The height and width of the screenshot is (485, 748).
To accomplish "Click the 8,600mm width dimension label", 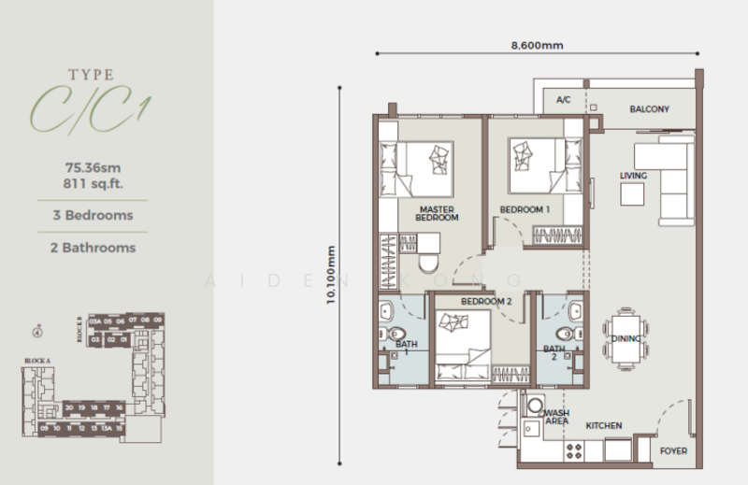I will point(536,44).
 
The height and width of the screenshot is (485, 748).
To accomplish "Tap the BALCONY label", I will point(649,109).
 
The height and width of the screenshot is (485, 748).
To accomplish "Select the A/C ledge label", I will point(563,99).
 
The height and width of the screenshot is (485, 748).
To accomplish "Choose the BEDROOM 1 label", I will point(524,210).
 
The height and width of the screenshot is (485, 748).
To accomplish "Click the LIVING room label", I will point(633,176).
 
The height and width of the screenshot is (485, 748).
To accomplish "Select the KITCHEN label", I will point(604,426).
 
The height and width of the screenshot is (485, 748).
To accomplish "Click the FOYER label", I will point(673,451).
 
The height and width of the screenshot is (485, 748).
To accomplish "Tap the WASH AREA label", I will point(556,417).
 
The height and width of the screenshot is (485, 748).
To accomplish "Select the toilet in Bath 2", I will point(564,335).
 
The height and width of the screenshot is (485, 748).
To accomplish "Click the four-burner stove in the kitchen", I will point(574,450).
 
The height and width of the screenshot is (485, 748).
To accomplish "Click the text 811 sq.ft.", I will point(93,183).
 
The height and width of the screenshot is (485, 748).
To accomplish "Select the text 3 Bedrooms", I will point(93,215).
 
